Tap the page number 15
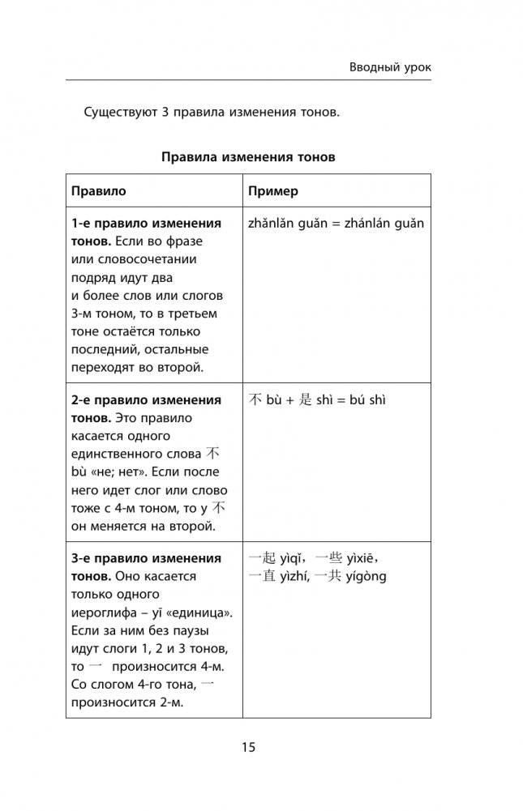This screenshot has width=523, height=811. tap(248, 747)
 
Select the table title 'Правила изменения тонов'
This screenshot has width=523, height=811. tap(247, 157)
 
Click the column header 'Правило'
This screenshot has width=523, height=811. tap(99, 191)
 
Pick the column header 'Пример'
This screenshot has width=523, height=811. tap(273, 191)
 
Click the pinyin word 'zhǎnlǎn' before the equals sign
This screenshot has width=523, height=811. tap(272, 224)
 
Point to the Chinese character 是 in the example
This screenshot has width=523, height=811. tap(305, 400)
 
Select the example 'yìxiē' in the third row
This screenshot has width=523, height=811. tap(358, 559)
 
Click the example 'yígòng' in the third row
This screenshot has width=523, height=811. tap(364, 577)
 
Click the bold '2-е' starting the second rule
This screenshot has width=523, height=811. tap(82, 400)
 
